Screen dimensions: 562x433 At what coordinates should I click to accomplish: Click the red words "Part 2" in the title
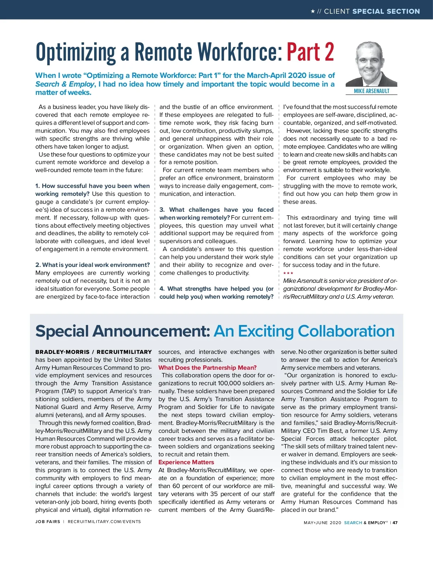point(310,52)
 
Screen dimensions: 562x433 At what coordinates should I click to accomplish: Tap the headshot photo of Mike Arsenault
point(371,64)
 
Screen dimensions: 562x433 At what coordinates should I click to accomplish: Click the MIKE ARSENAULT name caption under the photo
point(371,91)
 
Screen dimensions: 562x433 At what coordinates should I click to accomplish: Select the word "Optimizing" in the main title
point(76,53)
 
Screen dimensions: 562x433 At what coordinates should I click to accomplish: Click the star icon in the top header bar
point(313,12)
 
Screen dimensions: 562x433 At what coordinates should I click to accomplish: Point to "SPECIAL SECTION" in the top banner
point(386,12)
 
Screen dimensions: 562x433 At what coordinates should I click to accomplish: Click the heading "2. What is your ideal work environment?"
point(92,265)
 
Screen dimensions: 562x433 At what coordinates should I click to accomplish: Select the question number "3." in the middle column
point(162,210)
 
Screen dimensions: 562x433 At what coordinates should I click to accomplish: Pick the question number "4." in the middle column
point(162,289)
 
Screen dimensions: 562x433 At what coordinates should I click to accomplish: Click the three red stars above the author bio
point(288,273)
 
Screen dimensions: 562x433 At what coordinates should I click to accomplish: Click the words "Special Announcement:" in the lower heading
point(123,331)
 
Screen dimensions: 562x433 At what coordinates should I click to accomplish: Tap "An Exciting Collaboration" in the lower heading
point(304,331)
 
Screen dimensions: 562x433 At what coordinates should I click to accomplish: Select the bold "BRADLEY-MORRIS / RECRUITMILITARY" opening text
point(93,352)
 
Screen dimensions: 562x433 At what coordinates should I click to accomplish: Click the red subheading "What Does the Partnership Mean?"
point(207,368)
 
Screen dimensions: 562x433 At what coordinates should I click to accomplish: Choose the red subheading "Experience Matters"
point(186,462)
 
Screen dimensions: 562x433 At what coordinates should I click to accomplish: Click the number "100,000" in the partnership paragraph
point(230,383)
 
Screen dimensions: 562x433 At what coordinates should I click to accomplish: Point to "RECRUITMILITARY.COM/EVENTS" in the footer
point(104,522)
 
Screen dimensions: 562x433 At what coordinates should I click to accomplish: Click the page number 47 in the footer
point(395,523)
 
